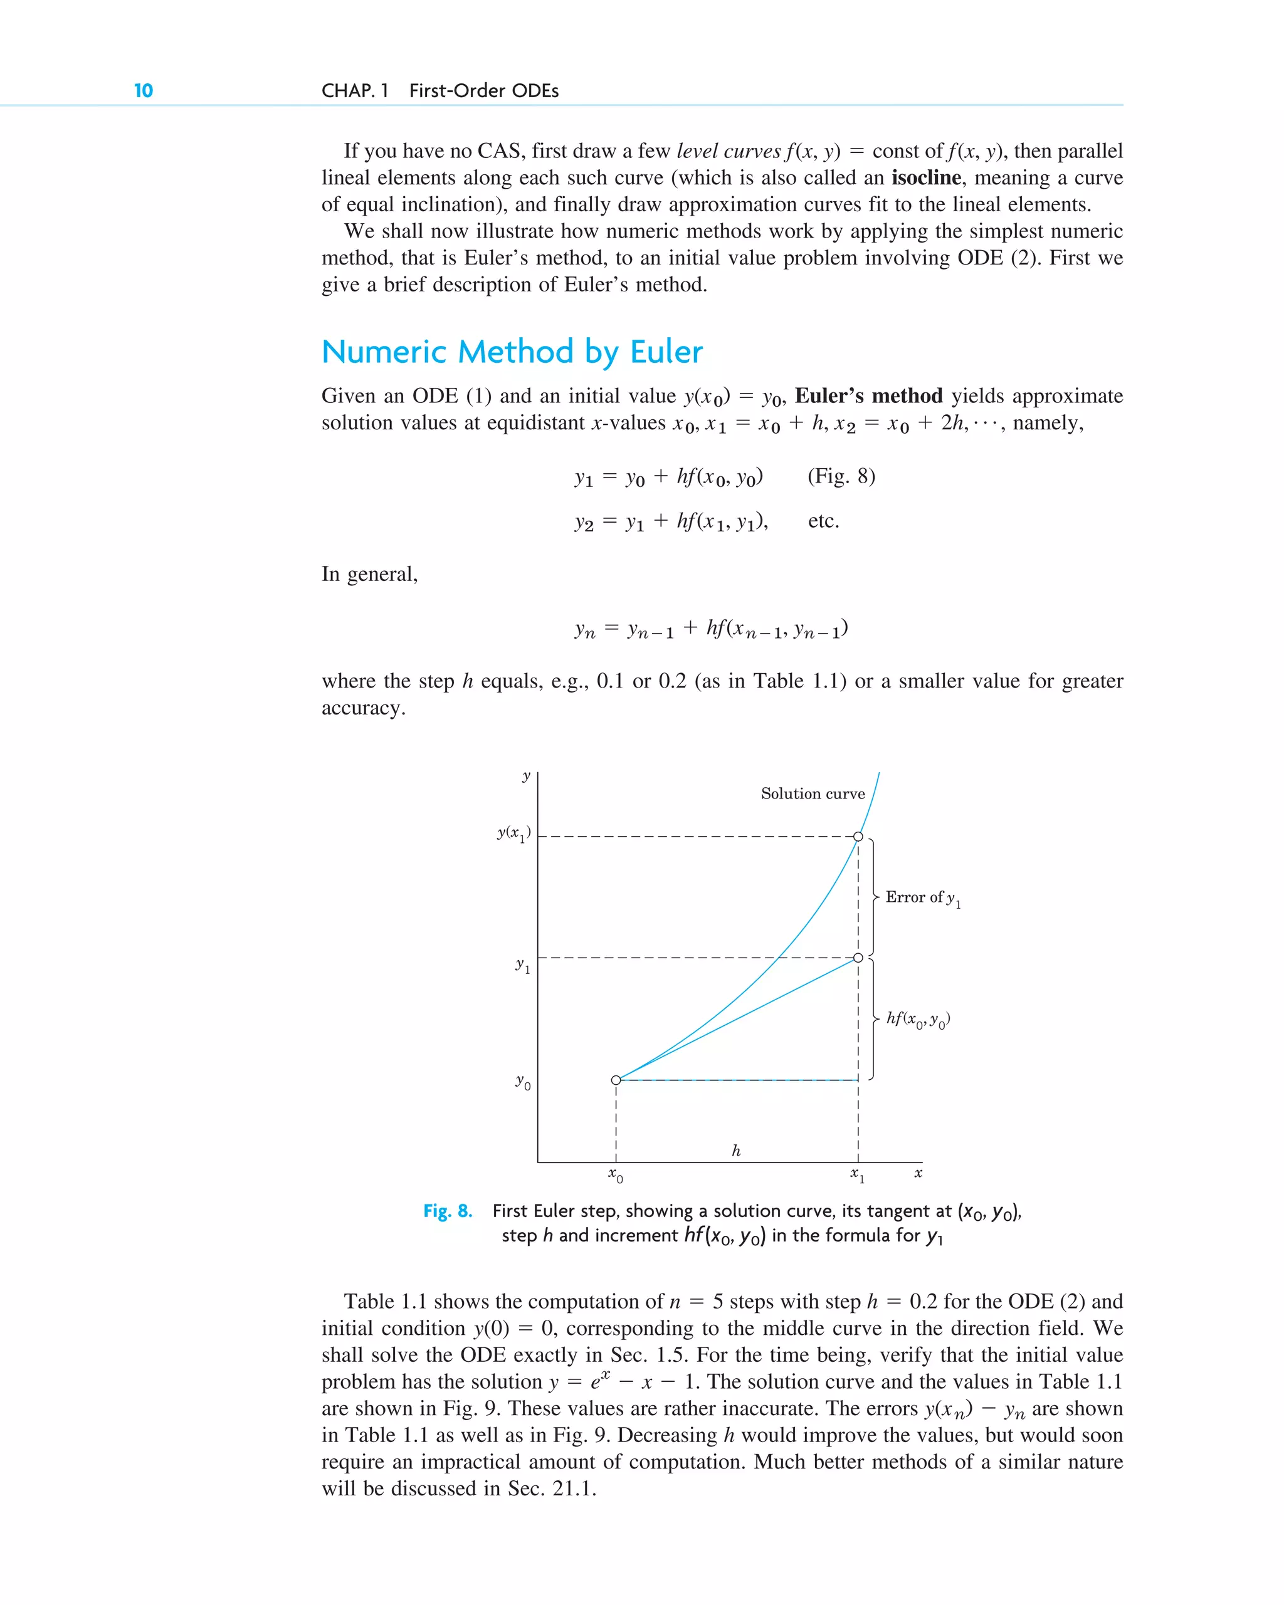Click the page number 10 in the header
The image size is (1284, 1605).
[143, 91]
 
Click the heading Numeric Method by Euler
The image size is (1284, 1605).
[512, 352]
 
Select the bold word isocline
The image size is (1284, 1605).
[926, 178]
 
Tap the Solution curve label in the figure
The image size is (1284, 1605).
[812, 793]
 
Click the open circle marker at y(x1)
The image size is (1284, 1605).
[858, 837]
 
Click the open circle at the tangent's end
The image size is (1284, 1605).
[858, 958]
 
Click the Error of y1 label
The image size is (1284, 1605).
[922, 898]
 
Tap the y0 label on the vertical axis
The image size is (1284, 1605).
[523, 1082]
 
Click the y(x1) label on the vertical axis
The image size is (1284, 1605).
[514, 834]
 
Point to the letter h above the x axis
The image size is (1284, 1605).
[736, 1150]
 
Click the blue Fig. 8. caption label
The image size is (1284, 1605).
[448, 1211]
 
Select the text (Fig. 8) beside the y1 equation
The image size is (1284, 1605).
[841, 476]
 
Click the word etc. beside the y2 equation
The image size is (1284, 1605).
[823, 521]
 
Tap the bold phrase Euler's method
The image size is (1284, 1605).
[868, 396]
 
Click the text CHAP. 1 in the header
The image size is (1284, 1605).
[354, 91]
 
